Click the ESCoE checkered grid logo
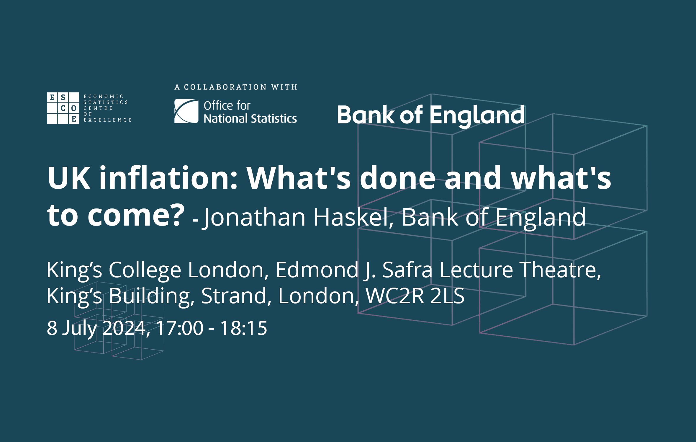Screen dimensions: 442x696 (x=63, y=108)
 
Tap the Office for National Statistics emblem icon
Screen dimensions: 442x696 (x=186, y=111)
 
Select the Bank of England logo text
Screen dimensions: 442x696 (x=431, y=115)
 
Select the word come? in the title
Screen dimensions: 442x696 (x=136, y=215)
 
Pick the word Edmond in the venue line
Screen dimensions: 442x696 (x=317, y=270)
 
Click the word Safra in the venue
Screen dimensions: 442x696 (x=407, y=270)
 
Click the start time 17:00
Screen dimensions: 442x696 (x=180, y=328)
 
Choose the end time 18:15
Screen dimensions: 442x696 (x=244, y=328)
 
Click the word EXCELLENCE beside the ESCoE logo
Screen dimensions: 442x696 (x=108, y=120)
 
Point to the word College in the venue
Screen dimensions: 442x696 (x=145, y=270)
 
